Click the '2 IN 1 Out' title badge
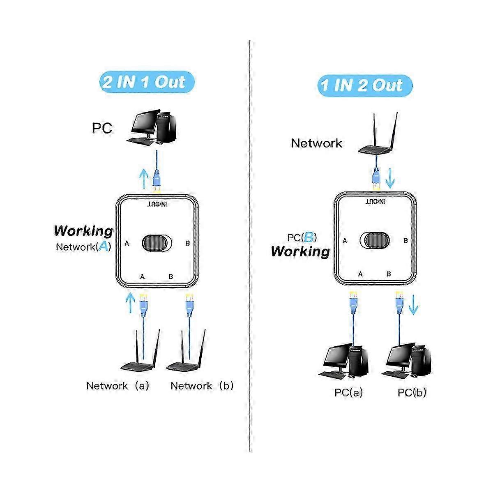[x=146, y=82]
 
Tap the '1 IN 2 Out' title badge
[x=364, y=85]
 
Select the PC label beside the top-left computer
[x=102, y=128]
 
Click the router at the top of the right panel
[x=377, y=138]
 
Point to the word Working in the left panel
[x=83, y=231]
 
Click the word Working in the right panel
[x=300, y=251]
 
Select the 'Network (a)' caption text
[x=117, y=386]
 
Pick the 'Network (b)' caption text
[x=202, y=386]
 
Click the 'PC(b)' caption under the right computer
[x=412, y=393]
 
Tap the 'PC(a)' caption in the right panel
[x=348, y=393]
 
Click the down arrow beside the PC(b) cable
[x=413, y=306]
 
